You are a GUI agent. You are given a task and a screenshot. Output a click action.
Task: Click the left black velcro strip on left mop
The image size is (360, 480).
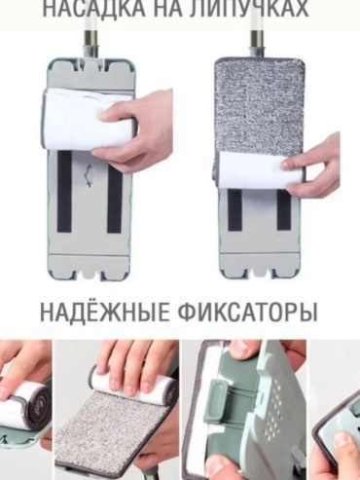click(x=65, y=192)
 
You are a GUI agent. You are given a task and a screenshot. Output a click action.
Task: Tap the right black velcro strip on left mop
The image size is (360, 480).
click(x=115, y=193)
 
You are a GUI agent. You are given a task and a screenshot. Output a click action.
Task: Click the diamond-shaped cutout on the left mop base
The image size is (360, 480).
click(x=90, y=175)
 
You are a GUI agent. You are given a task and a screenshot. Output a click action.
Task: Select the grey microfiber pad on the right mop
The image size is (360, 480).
click(x=259, y=107)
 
